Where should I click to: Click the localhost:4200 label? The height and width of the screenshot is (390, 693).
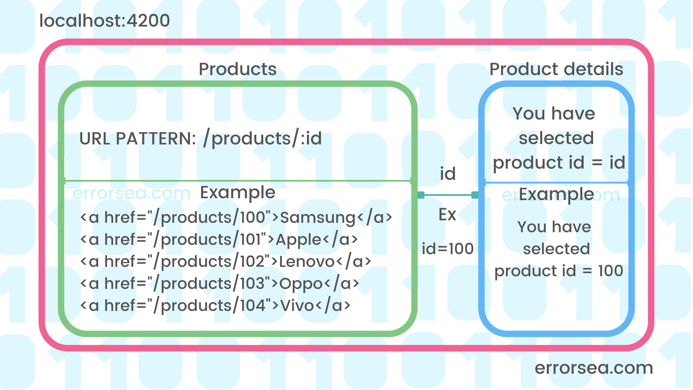click(x=104, y=21)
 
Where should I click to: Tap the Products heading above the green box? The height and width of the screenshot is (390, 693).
click(x=237, y=69)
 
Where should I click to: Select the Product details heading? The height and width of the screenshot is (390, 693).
click(x=556, y=69)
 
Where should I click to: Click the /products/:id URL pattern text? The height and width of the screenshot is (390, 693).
click(x=262, y=139)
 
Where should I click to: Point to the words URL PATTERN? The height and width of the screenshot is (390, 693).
click(x=138, y=139)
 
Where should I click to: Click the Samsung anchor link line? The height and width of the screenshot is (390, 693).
click(x=236, y=217)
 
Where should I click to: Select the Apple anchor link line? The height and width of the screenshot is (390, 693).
click(x=219, y=239)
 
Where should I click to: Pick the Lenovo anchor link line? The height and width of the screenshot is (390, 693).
click(x=225, y=261)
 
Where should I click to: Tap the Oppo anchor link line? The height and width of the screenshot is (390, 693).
click(x=219, y=283)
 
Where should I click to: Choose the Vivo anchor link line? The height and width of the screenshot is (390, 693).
click(x=215, y=305)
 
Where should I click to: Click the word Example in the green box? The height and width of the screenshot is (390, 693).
click(x=237, y=192)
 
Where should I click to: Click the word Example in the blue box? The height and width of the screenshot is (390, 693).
click(x=556, y=194)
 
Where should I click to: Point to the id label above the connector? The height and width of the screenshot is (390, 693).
click(x=448, y=174)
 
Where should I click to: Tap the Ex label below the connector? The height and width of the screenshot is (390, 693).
click(x=447, y=214)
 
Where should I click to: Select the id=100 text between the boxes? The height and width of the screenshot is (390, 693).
click(x=448, y=249)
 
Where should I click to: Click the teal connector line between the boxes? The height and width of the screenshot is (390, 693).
click(x=448, y=195)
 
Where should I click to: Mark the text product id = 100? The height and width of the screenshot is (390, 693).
click(x=558, y=271)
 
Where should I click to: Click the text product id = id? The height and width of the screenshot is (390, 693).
click(x=559, y=162)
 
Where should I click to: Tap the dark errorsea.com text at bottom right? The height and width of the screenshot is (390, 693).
click(x=594, y=368)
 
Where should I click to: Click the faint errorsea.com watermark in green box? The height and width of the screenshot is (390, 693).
click(x=131, y=193)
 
